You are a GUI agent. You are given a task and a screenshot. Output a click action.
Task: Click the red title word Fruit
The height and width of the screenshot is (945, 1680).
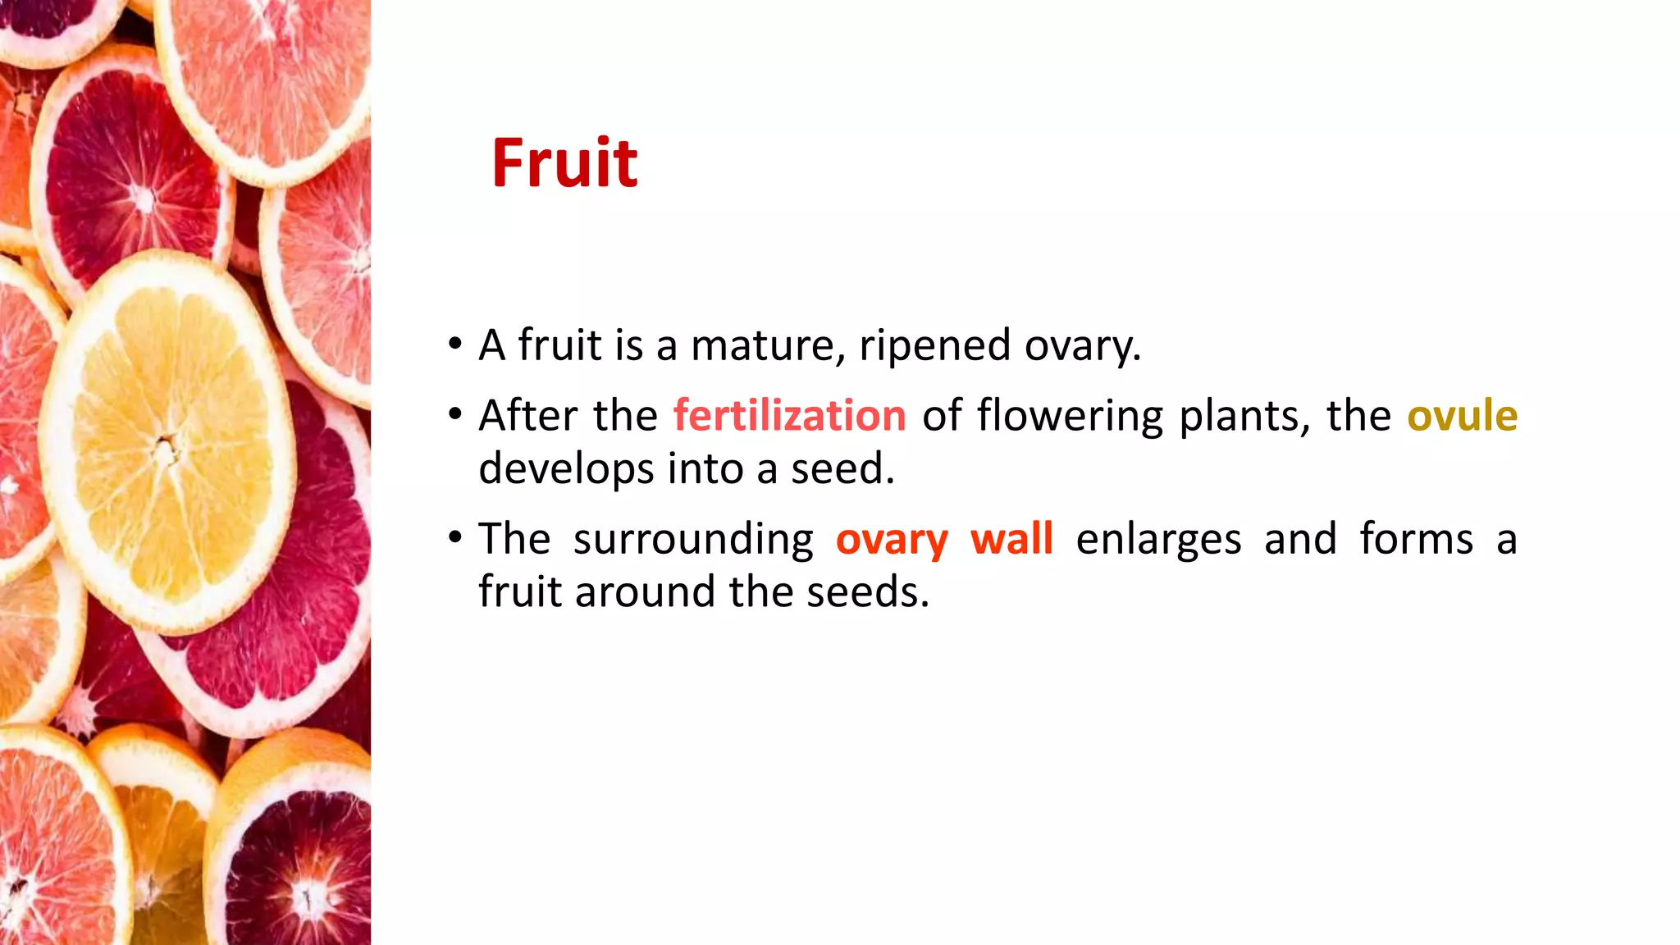564,163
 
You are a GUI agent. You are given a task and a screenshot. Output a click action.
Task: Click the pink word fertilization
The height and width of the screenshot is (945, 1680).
789,416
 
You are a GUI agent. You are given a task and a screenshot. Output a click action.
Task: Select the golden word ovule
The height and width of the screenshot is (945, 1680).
1462,416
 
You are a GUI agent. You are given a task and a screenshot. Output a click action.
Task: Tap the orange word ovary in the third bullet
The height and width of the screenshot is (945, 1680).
892,541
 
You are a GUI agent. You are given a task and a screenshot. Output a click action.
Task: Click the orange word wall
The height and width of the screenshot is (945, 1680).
1011,539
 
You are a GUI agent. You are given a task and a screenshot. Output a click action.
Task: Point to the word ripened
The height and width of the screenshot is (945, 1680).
934,345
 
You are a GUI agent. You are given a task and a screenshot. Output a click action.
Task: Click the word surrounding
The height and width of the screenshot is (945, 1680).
693,541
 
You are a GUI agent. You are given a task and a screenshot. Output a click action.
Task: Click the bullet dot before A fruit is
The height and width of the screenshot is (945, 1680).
455,344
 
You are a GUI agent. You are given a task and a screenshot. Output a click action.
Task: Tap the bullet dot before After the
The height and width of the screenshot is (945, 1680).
455,414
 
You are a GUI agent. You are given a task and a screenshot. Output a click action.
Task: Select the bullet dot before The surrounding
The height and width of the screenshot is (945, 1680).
455,538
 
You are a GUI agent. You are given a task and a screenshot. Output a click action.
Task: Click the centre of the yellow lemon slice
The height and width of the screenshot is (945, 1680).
167,447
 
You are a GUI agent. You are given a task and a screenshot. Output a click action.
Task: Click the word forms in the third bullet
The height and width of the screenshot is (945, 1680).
1416,539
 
